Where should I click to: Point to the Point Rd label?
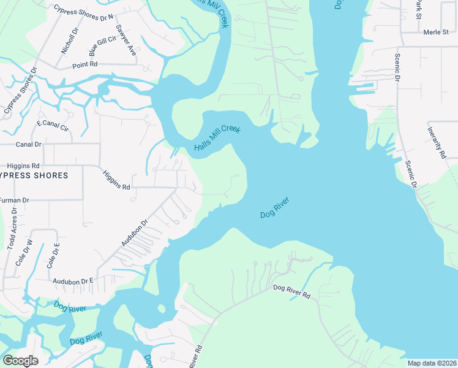[x=85, y=64]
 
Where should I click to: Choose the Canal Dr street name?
[x=29, y=145]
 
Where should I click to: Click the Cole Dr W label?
[x=28, y=254]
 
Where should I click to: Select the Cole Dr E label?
[x=52, y=256]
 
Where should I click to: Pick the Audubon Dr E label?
[x=73, y=280]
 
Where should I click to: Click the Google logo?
[x=21, y=360]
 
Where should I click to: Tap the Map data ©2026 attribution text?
[x=432, y=363]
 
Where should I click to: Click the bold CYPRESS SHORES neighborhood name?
[x=33, y=176]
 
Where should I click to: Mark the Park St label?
[x=419, y=9]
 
